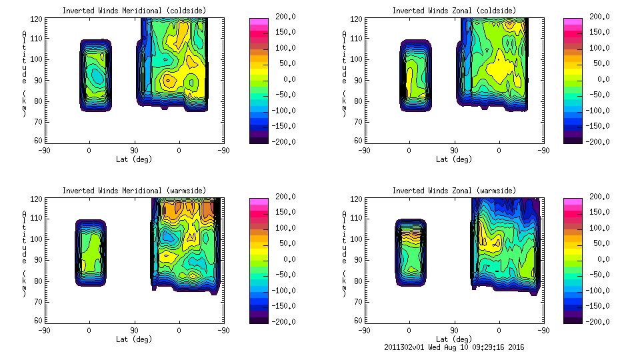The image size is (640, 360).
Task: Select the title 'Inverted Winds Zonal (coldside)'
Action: (453, 11)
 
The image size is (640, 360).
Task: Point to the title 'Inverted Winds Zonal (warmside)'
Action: (453, 191)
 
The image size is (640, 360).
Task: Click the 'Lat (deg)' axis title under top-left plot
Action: (134, 159)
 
